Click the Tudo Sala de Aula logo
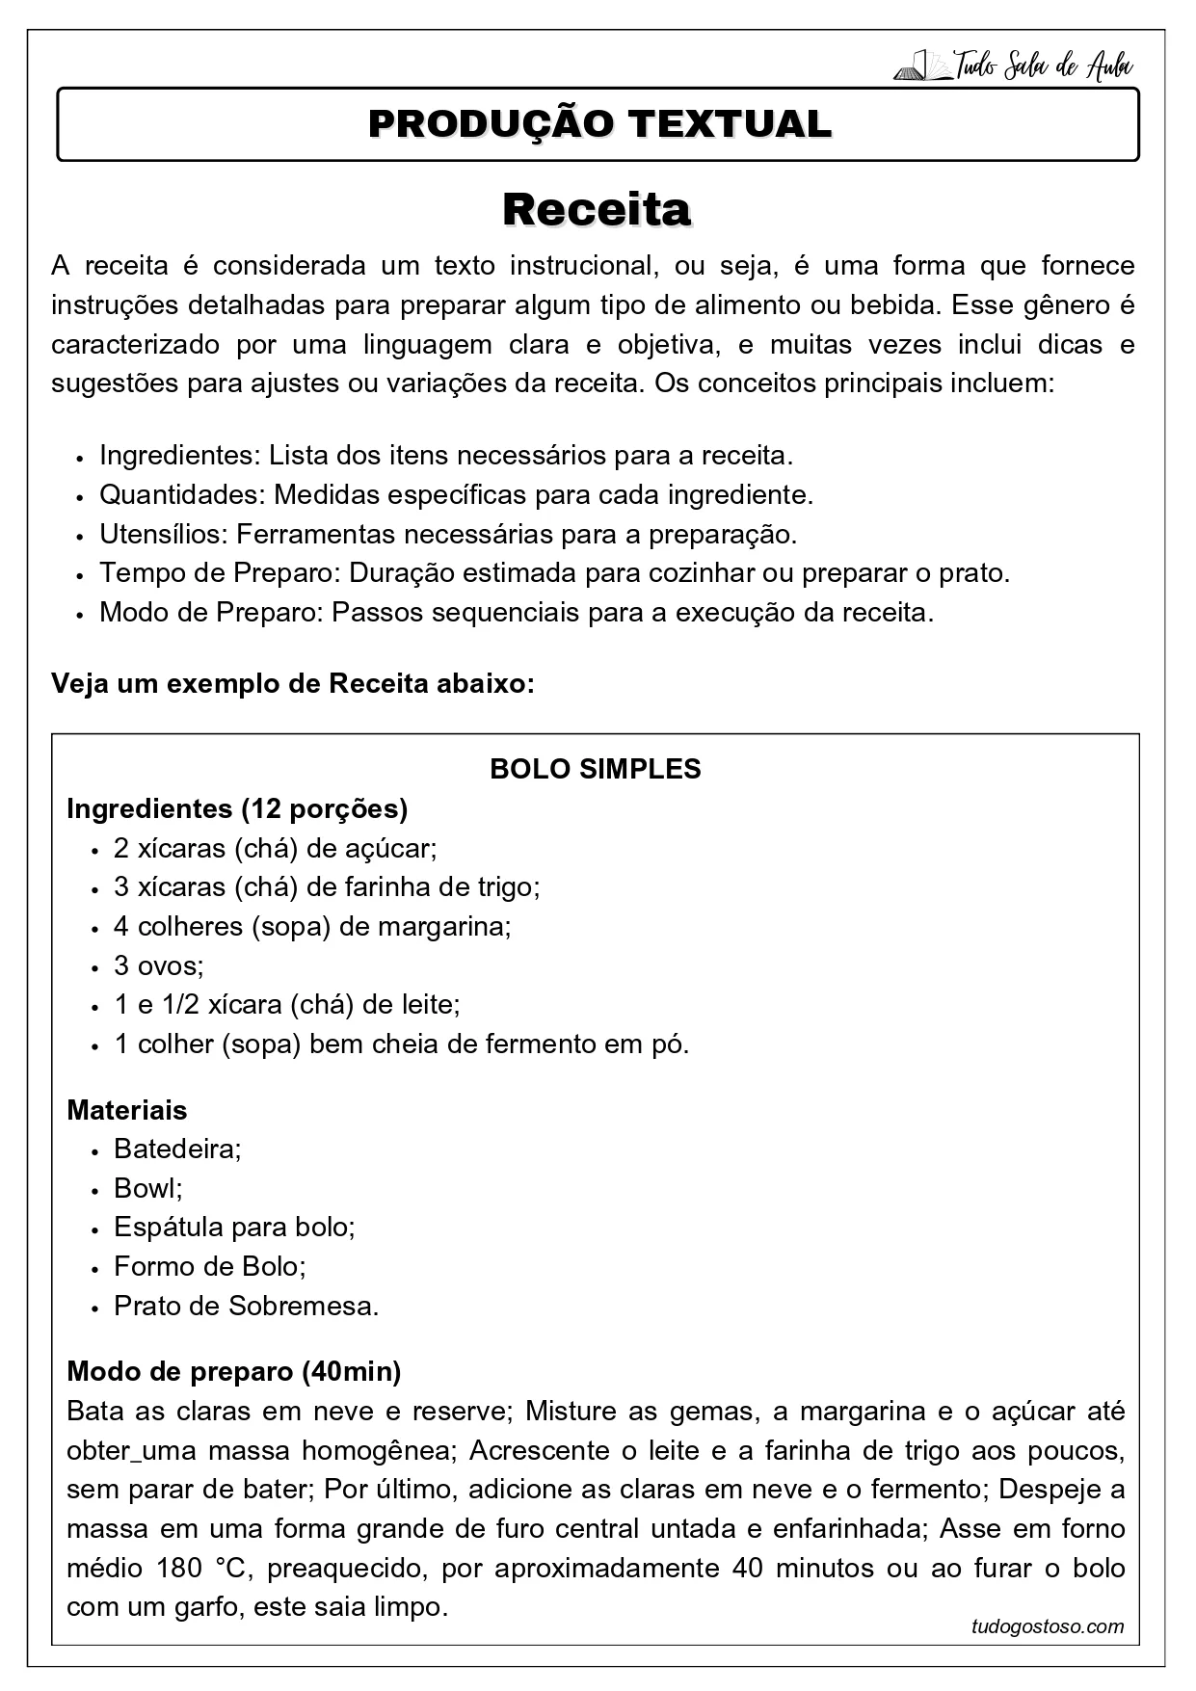tap(1014, 66)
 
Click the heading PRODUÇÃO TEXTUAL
tap(598, 124)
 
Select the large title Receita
tap(597, 209)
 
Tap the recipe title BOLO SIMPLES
tap(596, 769)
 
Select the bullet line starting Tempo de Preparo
tap(554, 573)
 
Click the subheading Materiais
tap(127, 1110)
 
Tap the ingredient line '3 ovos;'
tap(158, 965)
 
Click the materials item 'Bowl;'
tap(148, 1188)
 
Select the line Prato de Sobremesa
tap(246, 1306)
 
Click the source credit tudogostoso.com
tap(1048, 1626)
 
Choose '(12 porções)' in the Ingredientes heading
tap(325, 808)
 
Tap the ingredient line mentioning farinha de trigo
tap(327, 886)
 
